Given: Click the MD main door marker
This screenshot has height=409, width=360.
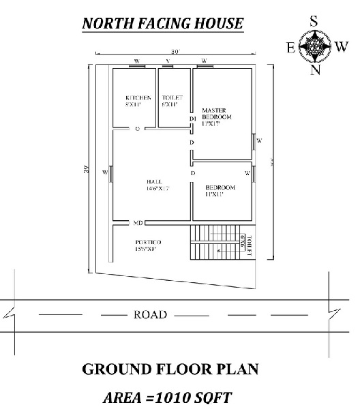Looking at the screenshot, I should [x=138, y=223].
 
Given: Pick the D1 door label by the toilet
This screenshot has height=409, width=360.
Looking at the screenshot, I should [x=192, y=119].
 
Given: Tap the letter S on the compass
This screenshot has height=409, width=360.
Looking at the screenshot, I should [x=314, y=22].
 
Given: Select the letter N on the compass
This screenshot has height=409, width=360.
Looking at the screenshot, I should [x=315, y=71].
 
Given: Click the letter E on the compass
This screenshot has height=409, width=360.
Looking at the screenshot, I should [x=290, y=47].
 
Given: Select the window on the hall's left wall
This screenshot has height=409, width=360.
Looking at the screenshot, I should [x=110, y=172].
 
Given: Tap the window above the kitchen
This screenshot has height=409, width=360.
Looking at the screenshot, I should [x=136, y=66].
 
